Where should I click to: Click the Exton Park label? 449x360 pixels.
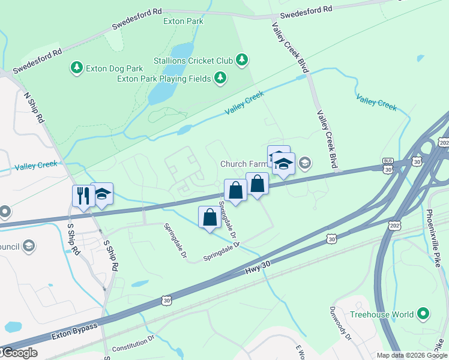(183, 22)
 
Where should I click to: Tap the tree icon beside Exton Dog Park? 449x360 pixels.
(77, 68)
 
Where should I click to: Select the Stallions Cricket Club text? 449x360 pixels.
(193, 59)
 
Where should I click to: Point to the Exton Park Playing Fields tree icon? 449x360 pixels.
(221, 77)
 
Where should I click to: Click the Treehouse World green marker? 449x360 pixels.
(423, 313)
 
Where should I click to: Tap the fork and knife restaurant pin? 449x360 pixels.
(81, 195)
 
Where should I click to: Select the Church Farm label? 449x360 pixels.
(243, 163)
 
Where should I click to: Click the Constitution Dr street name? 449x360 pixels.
(134, 344)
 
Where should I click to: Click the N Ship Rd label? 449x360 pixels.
(34, 108)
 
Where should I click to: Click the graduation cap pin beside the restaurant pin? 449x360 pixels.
(103, 194)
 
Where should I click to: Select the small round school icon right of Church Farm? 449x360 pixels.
(305, 163)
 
